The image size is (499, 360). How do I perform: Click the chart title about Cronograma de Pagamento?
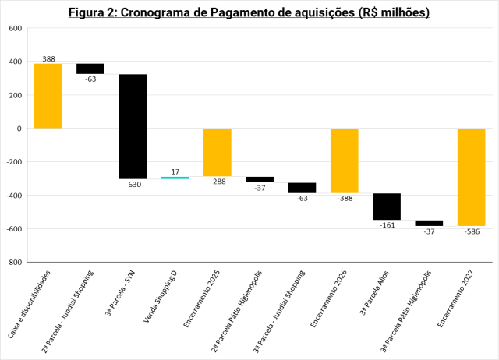tap(249, 13)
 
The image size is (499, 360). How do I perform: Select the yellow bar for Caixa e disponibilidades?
tap(48, 96)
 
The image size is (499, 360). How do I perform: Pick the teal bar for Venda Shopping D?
tap(175, 178)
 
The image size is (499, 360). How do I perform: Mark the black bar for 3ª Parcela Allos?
tap(387, 206)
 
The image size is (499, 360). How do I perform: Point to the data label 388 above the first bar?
tap(48, 58)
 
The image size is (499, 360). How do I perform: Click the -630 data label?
tap(133, 185)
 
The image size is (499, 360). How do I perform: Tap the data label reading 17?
tap(175, 171)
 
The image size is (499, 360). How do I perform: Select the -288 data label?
tap(218, 182)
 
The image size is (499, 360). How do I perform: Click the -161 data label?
tap(387, 225)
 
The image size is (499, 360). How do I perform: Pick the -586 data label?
tap(472, 231)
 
